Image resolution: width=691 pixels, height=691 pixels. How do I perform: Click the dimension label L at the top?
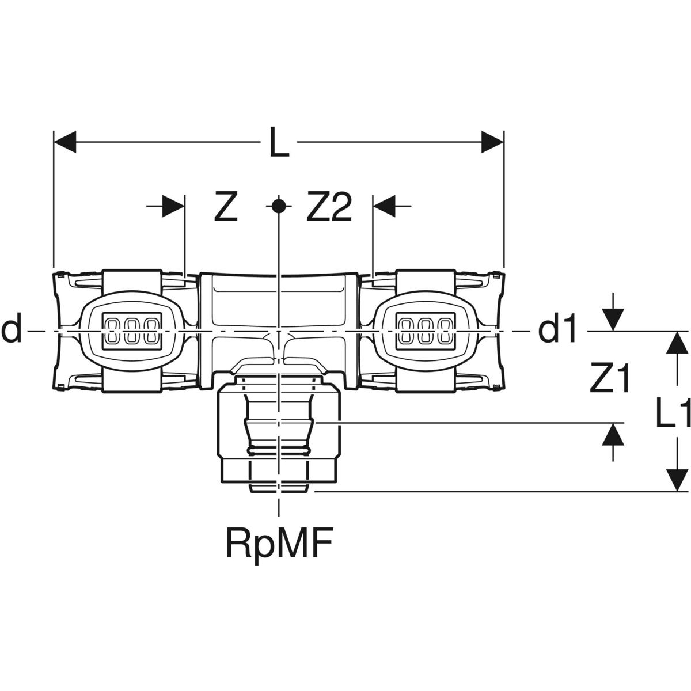279,142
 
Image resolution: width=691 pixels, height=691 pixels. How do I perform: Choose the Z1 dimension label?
610,379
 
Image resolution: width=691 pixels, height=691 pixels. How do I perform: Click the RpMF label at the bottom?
280,542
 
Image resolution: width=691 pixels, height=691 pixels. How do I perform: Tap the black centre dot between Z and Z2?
278,205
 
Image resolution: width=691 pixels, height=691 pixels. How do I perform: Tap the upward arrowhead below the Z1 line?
614,434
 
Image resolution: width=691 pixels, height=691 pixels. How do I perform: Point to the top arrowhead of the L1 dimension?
677,343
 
